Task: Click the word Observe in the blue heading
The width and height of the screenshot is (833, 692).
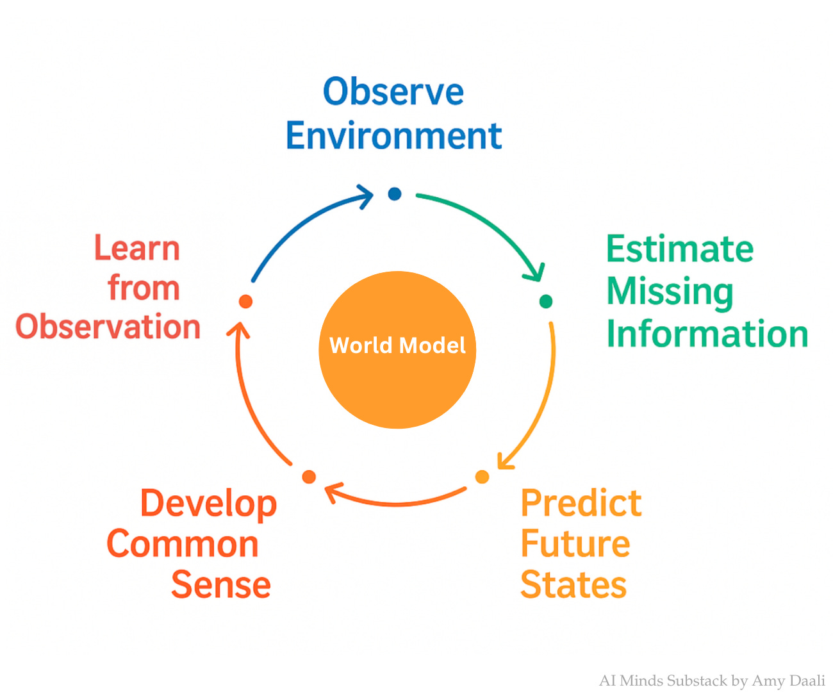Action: tap(393, 92)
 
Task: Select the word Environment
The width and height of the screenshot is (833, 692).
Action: tap(393, 136)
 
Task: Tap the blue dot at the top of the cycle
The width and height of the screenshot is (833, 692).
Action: tap(395, 194)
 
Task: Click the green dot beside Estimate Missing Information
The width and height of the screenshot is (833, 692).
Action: tap(546, 301)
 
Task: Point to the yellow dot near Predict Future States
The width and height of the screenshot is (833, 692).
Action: tap(482, 477)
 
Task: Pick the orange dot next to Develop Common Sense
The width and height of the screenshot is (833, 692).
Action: tap(309, 477)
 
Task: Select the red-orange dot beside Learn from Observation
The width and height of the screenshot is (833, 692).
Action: tap(245, 301)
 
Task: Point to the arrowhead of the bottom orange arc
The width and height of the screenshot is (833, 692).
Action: tap(331, 492)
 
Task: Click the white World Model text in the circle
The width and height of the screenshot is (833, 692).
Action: tap(397, 346)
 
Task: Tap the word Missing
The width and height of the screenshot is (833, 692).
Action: tap(670, 292)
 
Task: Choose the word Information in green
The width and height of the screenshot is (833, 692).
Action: tap(707, 334)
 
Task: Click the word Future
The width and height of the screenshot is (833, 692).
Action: tap(575, 544)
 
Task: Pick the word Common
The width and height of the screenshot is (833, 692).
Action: tap(183, 544)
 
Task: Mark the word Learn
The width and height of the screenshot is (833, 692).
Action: tap(137, 249)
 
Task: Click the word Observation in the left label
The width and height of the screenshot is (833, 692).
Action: tap(108, 327)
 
